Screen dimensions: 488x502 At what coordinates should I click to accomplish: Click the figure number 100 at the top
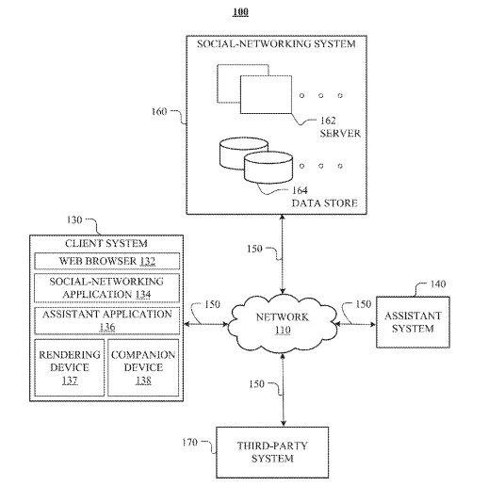tap(240, 12)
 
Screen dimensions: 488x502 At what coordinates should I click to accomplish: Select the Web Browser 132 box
tap(107, 261)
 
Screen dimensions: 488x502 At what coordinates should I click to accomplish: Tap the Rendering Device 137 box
tap(70, 367)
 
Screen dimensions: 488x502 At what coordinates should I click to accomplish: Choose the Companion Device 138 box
tap(143, 367)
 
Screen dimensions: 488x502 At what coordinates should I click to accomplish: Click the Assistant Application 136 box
tap(107, 321)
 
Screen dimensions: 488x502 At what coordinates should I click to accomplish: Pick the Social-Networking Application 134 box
tap(107, 288)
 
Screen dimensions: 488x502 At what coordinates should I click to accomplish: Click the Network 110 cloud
tap(283, 324)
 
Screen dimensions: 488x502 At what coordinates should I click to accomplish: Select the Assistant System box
tap(413, 322)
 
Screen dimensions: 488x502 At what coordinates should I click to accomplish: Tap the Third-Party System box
tap(272, 452)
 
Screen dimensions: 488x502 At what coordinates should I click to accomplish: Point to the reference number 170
tap(189, 443)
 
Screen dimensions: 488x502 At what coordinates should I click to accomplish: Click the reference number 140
tap(438, 284)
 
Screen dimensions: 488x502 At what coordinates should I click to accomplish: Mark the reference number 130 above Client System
tap(74, 220)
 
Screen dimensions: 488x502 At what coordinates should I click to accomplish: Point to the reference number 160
tap(159, 111)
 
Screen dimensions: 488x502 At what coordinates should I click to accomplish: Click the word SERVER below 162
tap(340, 133)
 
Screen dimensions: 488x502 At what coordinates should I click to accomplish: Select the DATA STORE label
tap(324, 203)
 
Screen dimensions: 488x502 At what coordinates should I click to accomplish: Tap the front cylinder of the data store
tap(268, 168)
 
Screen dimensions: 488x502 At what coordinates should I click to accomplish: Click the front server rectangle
tap(266, 94)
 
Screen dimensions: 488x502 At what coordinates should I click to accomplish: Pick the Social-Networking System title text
tap(276, 44)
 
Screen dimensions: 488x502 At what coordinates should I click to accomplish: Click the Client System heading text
tap(106, 243)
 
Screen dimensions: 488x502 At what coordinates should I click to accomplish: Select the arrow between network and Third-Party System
tap(283, 390)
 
